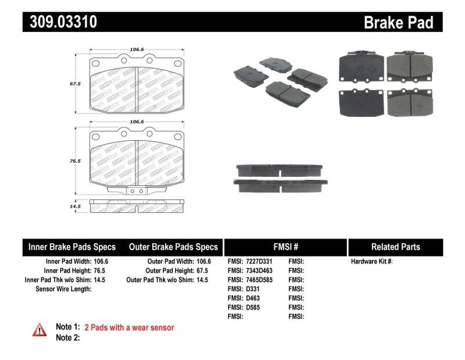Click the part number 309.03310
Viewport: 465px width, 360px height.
click(x=60, y=22)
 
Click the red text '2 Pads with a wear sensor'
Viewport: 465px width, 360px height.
click(x=129, y=328)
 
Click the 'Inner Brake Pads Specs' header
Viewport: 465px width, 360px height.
click(x=72, y=247)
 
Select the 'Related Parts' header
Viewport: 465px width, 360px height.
click(x=395, y=247)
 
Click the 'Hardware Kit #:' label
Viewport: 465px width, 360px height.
click(x=371, y=262)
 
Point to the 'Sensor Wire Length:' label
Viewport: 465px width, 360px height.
click(x=63, y=288)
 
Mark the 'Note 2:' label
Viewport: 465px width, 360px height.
click(x=67, y=337)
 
